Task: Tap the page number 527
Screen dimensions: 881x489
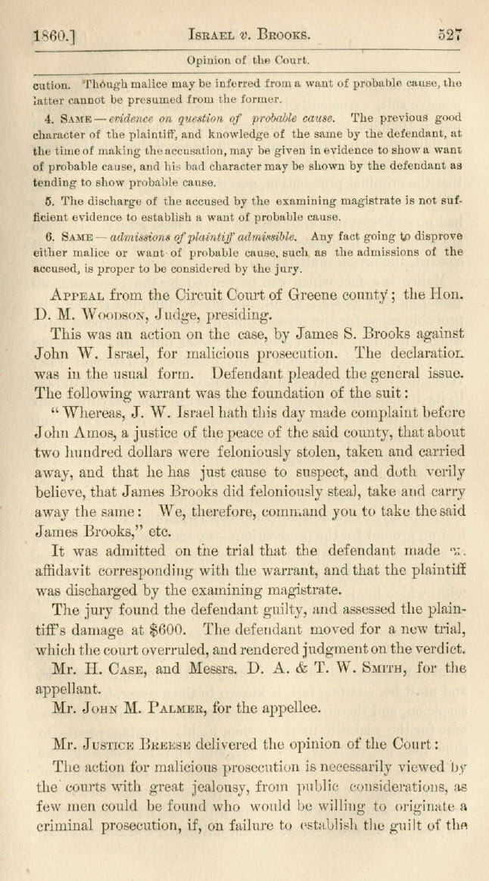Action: [x=448, y=33]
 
